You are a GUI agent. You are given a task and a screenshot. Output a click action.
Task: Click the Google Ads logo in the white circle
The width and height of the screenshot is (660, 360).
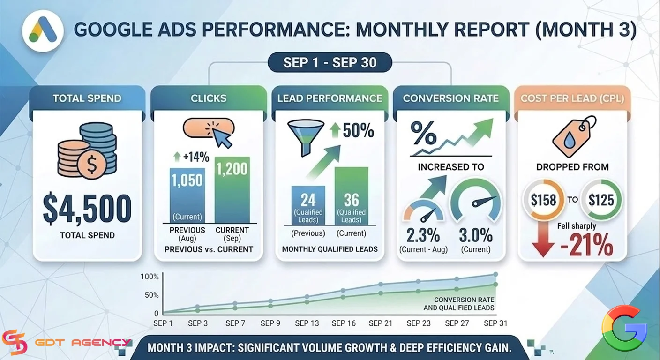pos(43,30)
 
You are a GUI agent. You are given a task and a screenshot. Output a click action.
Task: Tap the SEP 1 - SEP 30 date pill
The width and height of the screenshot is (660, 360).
pos(330,62)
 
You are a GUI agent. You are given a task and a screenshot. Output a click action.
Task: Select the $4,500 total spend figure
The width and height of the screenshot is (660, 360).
pos(87,209)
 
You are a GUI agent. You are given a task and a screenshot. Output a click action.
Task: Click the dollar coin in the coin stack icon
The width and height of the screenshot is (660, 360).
pos(91,165)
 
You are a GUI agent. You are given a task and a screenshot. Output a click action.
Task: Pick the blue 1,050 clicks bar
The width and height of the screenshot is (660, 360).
pos(187,195)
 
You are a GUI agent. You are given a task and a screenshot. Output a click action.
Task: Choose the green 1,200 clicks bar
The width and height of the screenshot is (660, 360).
pos(232,190)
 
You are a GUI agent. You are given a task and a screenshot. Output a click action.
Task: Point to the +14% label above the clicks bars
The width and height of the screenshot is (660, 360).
pos(192,157)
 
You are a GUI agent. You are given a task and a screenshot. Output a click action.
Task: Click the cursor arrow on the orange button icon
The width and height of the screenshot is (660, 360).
pos(223,138)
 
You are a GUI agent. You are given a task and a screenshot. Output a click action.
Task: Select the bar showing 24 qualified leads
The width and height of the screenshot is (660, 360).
pos(308,205)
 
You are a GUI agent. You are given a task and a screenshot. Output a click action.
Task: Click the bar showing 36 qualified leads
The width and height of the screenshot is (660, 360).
pos(351,196)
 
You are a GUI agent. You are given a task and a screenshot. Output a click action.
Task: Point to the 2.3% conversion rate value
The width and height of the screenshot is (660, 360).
pos(423,235)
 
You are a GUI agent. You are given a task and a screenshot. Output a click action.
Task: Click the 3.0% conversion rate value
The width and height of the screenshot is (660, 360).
pos(476,235)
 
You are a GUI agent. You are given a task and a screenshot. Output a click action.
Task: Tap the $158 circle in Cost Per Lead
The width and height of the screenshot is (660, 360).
pos(544,200)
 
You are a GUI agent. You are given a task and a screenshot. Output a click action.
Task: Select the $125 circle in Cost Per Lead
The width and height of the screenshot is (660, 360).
pos(601,200)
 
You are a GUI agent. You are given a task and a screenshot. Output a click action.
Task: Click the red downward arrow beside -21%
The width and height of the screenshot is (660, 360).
pos(543,239)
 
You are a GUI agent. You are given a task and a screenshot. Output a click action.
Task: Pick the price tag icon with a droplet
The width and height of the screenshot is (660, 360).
pos(574,136)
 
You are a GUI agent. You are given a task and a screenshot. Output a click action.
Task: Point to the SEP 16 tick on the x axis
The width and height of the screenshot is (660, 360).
pos(344,323)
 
